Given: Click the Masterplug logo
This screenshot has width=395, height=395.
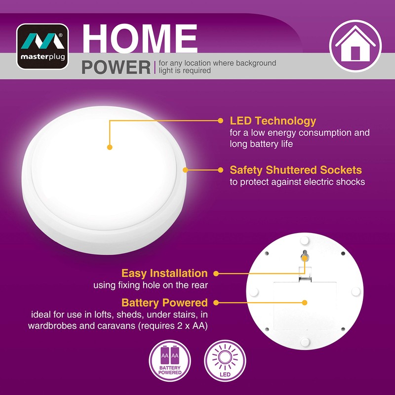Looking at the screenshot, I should [42, 46].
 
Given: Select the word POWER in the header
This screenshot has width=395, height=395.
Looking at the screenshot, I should [116, 67].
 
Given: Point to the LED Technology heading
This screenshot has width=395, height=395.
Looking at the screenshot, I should [273, 121].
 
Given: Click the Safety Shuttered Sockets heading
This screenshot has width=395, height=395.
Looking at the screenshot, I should [296, 170].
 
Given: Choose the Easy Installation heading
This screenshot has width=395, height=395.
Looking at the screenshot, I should [164, 273].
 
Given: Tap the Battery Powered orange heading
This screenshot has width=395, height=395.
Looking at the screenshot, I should [164, 303].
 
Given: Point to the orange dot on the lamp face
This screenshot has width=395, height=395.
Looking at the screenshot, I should [110, 147].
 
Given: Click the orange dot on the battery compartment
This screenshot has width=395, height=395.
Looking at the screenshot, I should [305, 303].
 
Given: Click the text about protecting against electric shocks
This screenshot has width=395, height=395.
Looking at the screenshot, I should [297, 182].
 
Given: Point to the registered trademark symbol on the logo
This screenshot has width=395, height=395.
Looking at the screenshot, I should [60, 36].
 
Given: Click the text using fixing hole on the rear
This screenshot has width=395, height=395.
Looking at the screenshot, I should [151, 285].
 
